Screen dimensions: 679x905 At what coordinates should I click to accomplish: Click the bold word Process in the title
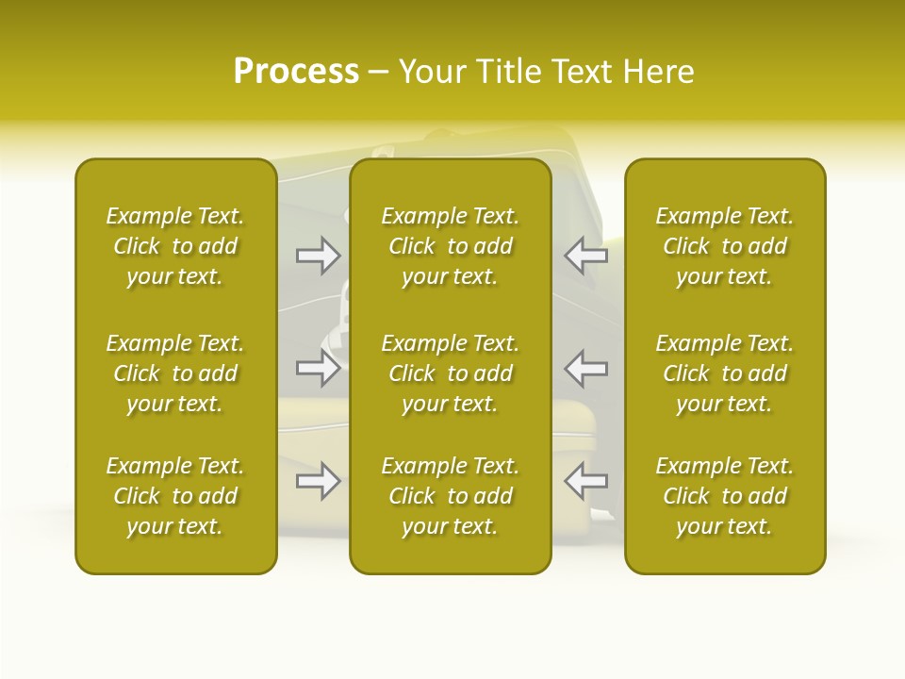point(296,72)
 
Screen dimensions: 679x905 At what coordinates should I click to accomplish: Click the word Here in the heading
point(657,72)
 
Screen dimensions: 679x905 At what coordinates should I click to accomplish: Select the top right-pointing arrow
point(319,255)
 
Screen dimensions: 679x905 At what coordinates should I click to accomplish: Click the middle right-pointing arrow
point(319,368)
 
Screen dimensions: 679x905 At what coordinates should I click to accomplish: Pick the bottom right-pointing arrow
point(319,481)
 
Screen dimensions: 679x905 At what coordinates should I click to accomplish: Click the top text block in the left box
point(175,246)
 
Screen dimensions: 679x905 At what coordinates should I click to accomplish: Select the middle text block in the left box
point(175,373)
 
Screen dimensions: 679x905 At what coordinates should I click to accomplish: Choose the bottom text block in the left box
point(175,496)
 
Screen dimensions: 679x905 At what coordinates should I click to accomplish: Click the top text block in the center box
point(451,246)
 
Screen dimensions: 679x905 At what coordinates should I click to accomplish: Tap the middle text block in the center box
point(451,373)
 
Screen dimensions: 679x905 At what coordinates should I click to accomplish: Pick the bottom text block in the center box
point(451,496)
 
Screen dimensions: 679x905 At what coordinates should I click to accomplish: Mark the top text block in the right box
point(725,246)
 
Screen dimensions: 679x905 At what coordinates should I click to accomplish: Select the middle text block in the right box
point(725,373)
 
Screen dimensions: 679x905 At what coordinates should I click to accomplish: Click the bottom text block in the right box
point(725,496)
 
